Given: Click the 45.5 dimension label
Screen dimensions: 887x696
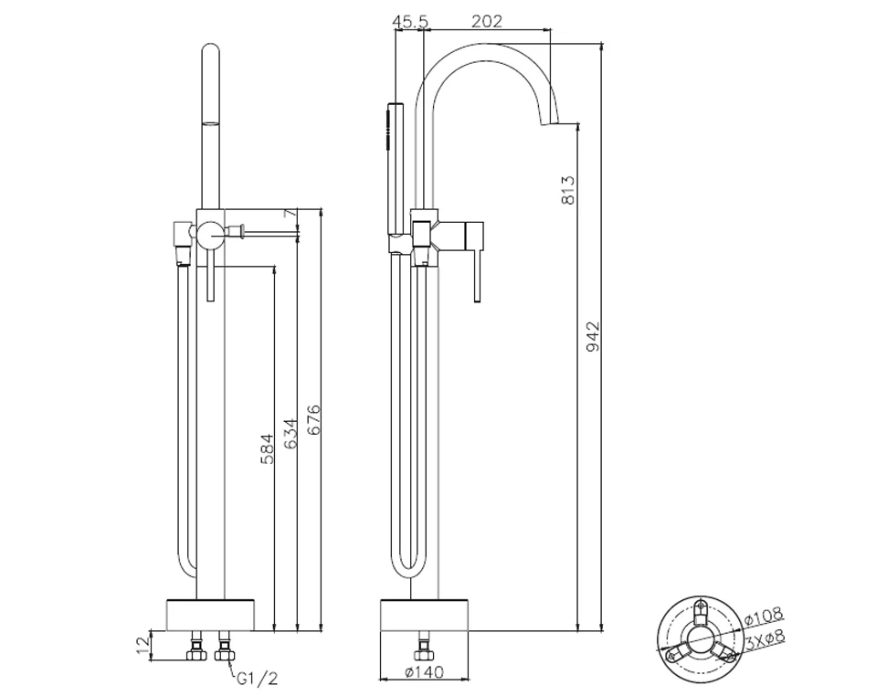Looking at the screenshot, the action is (x=411, y=22).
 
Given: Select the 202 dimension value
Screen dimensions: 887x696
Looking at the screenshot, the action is (x=487, y=22).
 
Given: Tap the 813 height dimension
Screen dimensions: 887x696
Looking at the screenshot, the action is (x=568, y=189).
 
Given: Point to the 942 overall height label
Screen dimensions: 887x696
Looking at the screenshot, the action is (x=592, y=336).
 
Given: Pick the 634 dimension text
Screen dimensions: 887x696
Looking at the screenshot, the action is (x=290, y=434).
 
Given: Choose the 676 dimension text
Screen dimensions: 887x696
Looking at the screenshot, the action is (x=312, y=419).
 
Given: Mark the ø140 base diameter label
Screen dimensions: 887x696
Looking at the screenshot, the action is (x=425, y=672).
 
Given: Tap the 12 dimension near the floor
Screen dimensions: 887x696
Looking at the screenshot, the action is (x=143, y=644).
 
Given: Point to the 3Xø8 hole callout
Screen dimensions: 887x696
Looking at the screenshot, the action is (x=765, y=638).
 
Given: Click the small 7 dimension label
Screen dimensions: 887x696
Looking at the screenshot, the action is (x=290, y=213).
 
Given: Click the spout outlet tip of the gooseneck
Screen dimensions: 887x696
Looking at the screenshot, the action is (x=550, y=124).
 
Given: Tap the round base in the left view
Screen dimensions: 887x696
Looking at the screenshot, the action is (x=211, y=615).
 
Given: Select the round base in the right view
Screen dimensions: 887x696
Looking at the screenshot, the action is (x=425, y=615).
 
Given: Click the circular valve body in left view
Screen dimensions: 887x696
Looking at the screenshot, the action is (x=210, y=234).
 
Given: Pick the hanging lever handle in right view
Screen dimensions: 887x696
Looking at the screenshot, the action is (x=475, y=262).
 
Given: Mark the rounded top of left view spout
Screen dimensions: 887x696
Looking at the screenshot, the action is (x=210, y=47).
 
